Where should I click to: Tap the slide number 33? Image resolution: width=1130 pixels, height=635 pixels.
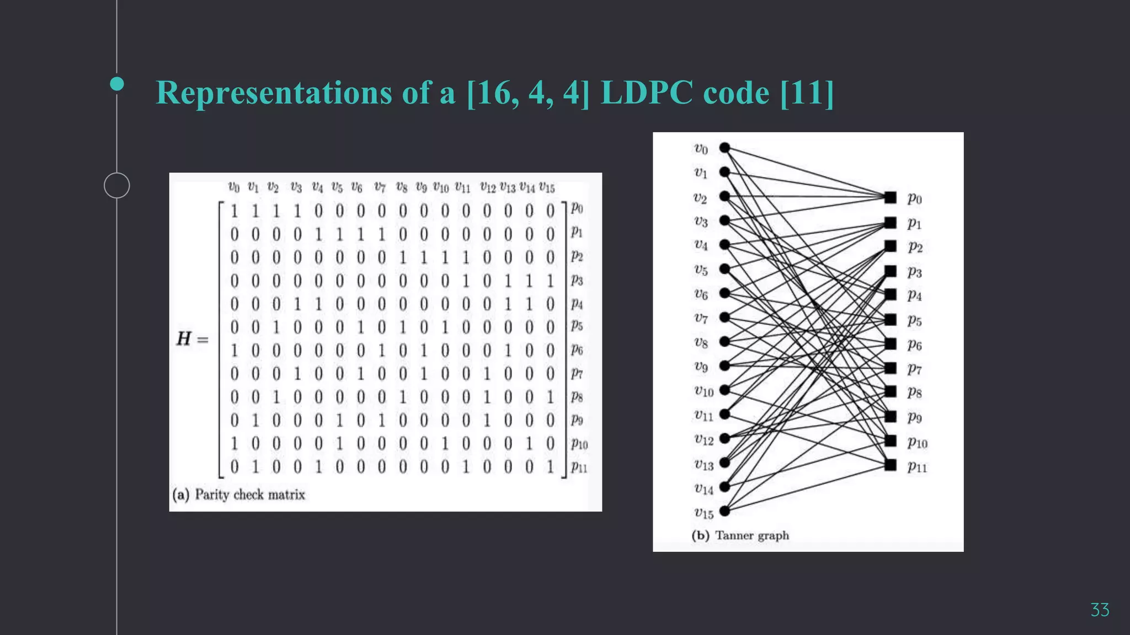pyautogui.click(x=1099, y=610)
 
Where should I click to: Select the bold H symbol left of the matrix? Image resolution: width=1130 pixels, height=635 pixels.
pyautogui.click(x=184, y=338)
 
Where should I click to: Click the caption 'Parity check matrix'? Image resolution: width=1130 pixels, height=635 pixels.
pyautogui.click(x=249, y=494)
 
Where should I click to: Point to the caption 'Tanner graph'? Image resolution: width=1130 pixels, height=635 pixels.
pyautogui.click(x=751, y=535)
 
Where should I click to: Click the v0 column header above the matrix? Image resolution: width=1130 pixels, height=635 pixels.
pyautogui.click(x=234, y=187)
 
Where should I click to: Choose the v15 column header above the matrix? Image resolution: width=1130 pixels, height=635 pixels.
pyautogui.click(x=547, y=187)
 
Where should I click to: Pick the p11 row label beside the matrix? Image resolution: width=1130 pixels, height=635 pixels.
pyautogui.click(x=579, y=467)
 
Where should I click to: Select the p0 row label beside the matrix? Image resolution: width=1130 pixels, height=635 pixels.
pyautogui.click(x=577, y=208)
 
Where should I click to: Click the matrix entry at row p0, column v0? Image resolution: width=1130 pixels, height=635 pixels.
pyautogui.click(x=234, y=211)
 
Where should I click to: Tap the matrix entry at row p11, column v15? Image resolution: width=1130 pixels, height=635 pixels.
pyautogui.click(x=550, y=467)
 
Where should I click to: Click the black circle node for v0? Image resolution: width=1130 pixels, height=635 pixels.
pyautogui.click(x=725, y=148)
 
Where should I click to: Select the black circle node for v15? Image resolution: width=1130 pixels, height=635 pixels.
pyautogui.click(x=725, y=512)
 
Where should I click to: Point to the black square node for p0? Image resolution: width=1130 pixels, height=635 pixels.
pyautogui.click(x=890, y=197)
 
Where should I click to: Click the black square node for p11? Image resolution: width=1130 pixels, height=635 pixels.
pyautogui.click(x=890, y=465)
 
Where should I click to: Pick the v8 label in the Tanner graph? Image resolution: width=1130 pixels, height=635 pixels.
pyautogui.click(x=701, y=343)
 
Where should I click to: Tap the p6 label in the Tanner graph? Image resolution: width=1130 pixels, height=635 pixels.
pyautogui.click(x=914, y=345)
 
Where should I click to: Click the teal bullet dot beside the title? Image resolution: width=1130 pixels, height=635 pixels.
pyautogui.click(x=117, y=84)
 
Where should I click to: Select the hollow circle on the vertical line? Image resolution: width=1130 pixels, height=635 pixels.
pyautogui.click(x=117, y=185)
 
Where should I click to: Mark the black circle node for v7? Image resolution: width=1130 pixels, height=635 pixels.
pyautogui.click(x=725, y=317)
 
